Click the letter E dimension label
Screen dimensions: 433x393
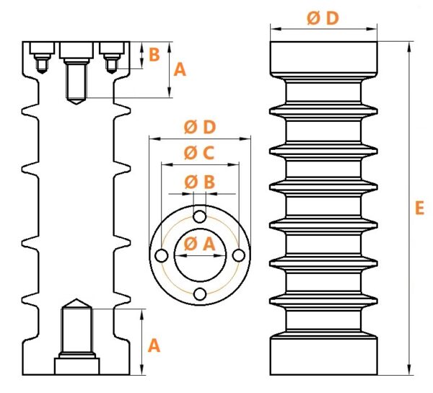[x=419, y=208]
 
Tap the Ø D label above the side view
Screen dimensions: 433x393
[x=323, y=18]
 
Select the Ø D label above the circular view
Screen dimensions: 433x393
[x=200, y=127]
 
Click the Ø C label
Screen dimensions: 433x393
[x=199, y=153]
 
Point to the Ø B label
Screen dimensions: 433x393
[x=199, y=182]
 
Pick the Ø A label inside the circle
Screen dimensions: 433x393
[x=199, y=244]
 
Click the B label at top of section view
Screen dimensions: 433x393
[x=154, y=54]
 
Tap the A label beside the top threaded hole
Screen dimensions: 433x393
[x=180, y=69]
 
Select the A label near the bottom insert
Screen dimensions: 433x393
[x=154, y=346]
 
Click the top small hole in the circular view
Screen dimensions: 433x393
[x=200, y=216]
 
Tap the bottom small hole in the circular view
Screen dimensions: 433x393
[x=200, y=294]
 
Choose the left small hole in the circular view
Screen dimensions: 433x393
[x=162, y=256]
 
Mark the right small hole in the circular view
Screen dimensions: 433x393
[x=239, y=255]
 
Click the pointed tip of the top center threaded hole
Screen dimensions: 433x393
[x=76, y=104]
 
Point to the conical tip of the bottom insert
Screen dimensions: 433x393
[x=76, y=299]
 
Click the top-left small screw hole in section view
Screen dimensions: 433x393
[x=42, y=64]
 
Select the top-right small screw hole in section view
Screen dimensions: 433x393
[x=112, y=64]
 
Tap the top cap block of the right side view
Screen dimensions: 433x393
[x=323, y=58]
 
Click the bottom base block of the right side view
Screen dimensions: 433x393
[x=323, y=356]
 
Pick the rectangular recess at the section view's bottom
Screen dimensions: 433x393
[x=76, y=366]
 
